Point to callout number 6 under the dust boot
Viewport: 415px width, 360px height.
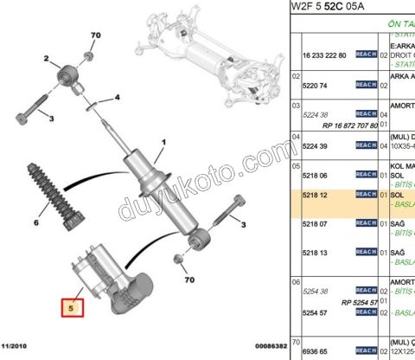point(35,222)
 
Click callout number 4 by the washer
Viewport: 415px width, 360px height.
point(118,97)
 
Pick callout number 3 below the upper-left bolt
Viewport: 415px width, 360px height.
point(51,119)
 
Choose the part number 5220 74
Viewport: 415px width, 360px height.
point(317,85)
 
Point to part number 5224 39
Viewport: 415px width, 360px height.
point(317,146)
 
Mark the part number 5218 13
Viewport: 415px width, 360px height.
point(317,253)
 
